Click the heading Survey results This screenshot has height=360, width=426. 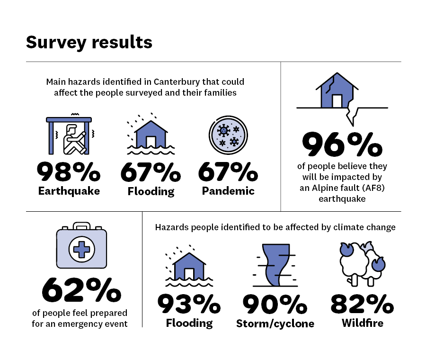(x=89, y=42)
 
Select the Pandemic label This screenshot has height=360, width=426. (x=228, y=191)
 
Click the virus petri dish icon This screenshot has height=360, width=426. (x=228, y=135)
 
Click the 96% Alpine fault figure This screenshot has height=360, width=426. (x=342, y=144)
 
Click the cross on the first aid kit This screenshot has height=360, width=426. (x=81, y=249)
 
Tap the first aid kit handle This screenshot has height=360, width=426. (x=81, y=225)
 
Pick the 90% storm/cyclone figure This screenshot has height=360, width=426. (x=275, y=304)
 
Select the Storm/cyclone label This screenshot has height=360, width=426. (x=275, y=324)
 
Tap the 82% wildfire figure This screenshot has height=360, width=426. (x=362, y=304)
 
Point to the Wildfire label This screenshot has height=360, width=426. (x=362, y=324)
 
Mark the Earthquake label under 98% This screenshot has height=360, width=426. (x=69, y=191)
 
